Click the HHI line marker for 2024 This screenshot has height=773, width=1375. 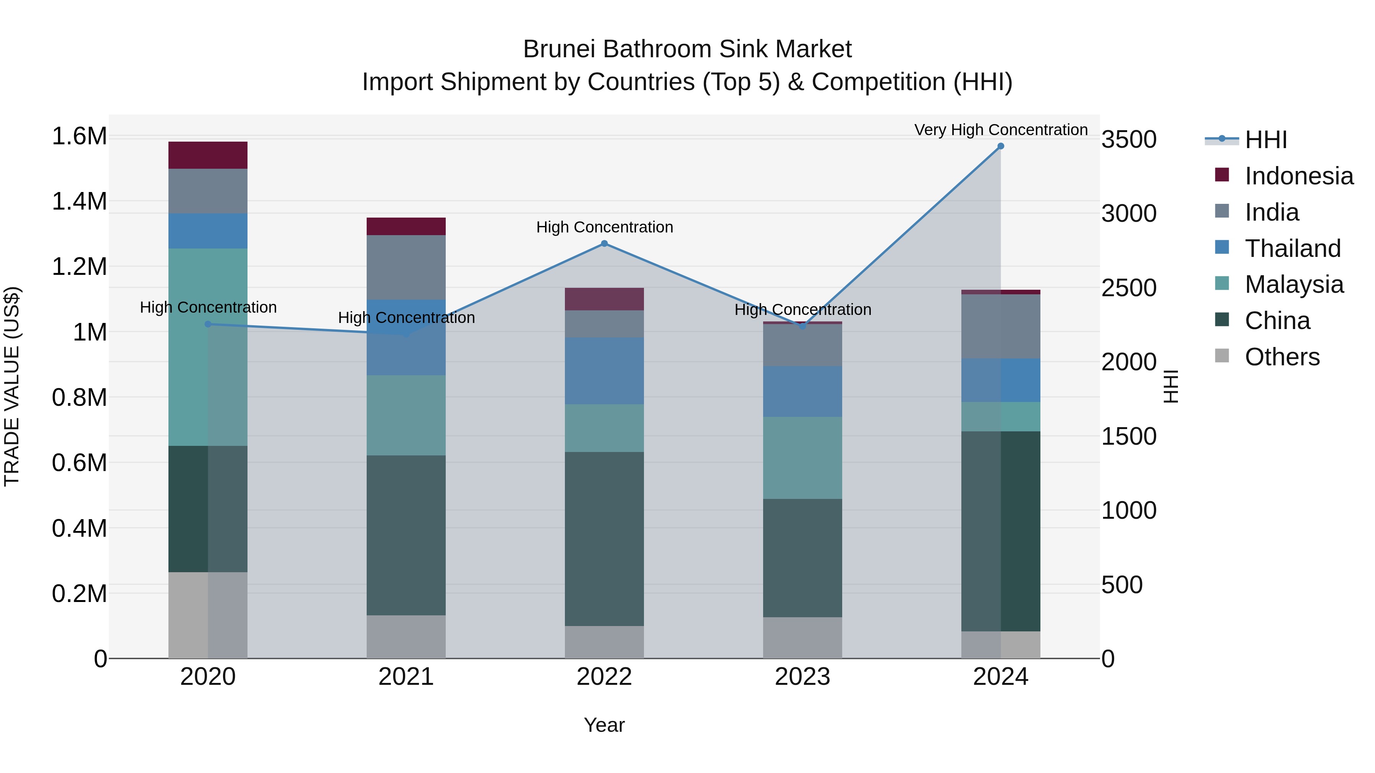[x=1000, y=146]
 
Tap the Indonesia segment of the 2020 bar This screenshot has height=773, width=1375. [x=208, y=155]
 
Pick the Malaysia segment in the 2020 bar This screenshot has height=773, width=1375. [x=208, y=347]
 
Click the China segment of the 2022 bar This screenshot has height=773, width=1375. [x=604, y=539]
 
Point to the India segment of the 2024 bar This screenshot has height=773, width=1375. [x=1000, y=326]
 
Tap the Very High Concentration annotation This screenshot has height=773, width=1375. [x=1000, y=130]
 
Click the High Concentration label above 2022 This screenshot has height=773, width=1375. [x=604, y=227]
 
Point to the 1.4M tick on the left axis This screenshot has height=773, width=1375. [x=79, y=202]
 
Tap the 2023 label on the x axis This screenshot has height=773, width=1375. [x=802, y=677]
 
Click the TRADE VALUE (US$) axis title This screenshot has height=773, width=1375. [x=12, y=386]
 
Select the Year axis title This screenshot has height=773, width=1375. [x=604, y=725]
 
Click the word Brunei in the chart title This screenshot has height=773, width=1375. [x=559, y=49]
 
